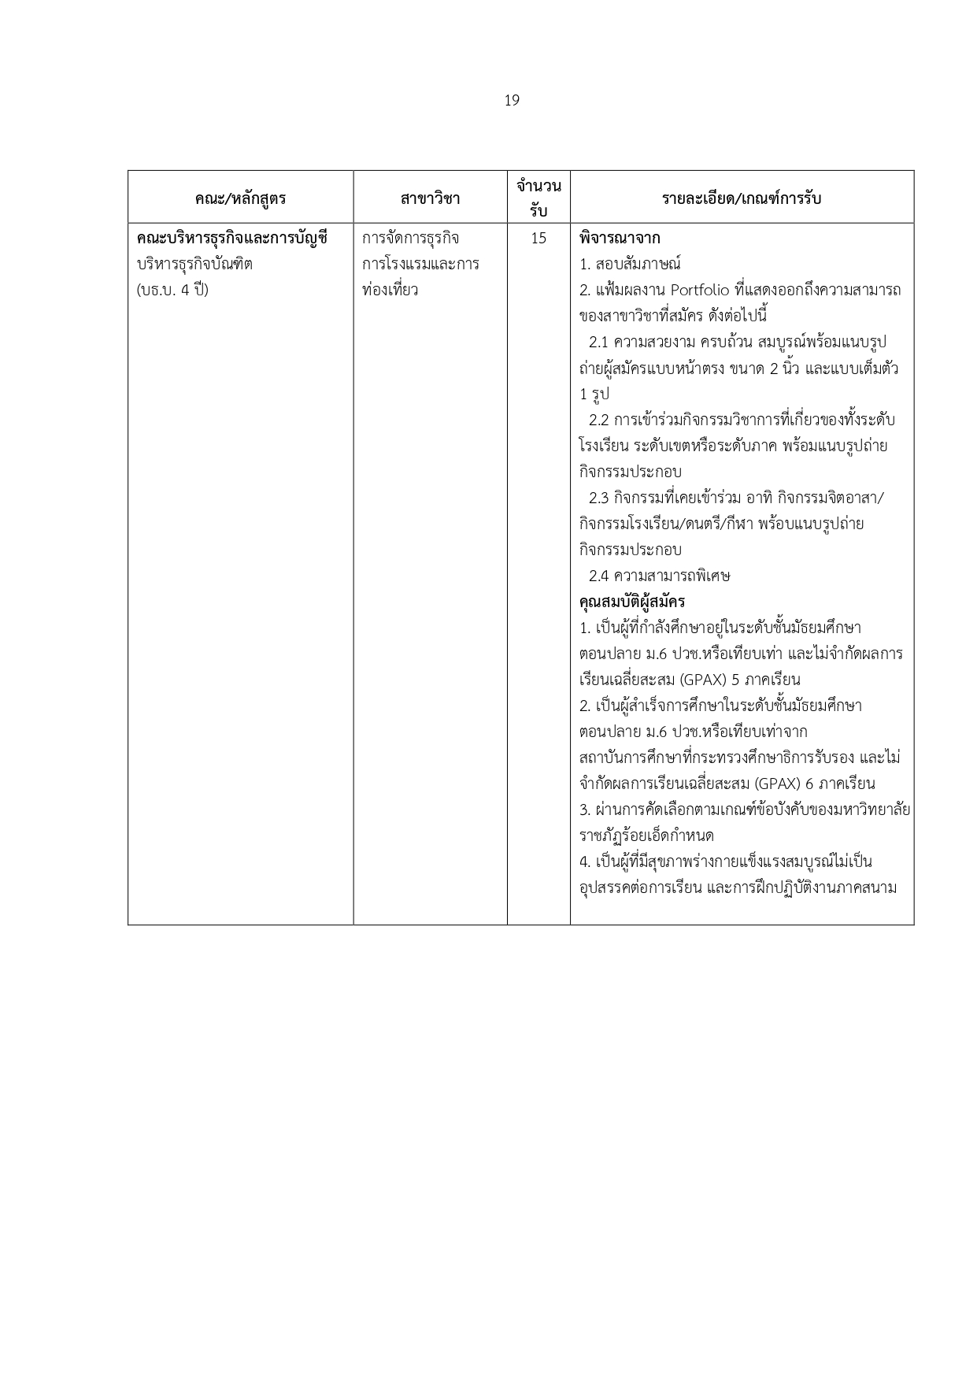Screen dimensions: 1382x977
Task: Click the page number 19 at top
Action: [x=512, y=101]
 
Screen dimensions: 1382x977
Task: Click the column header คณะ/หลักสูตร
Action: [x=240, y=198]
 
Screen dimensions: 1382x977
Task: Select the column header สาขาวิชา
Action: [x=430, y=198]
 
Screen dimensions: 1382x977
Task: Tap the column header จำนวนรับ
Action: [x=538, y=198]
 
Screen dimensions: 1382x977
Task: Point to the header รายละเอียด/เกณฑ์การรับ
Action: [x=742, y=198]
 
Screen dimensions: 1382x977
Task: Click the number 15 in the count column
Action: [x=538, y=238]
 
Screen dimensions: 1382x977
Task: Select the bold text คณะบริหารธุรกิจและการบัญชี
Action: [x=231, y=238]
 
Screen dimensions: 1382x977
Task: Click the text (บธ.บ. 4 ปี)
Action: [x=172, y=290]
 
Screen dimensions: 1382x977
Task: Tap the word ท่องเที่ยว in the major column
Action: [x=390, y=290]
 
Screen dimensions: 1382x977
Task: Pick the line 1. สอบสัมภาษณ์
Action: [x=630, y=264]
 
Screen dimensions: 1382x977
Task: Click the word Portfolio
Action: [x=700, y=290]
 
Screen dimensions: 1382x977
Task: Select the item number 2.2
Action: [x=599, y=420]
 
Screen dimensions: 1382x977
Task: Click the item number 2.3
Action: [x=599, y=498]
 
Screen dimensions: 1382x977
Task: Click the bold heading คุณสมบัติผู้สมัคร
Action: [x=631, y=602]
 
